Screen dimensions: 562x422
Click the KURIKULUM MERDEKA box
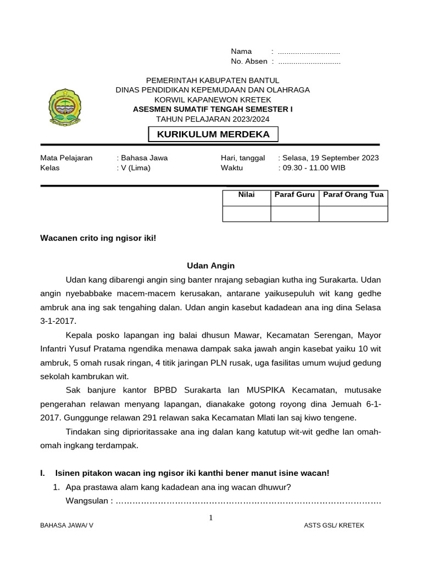[x=213, y=134]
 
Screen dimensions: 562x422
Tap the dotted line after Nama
[x=309, y=52]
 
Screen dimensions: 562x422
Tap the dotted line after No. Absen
[x=309, y=62]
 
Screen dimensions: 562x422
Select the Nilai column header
[x=246, y=195]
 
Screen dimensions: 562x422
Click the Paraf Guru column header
[x=295, y=195]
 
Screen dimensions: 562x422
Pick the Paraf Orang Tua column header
[x=353, y=195]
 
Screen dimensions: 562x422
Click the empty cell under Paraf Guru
[x=295, y=213]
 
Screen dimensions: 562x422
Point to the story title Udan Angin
[x=210, y=266]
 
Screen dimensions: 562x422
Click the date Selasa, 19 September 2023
[x=330, y=158]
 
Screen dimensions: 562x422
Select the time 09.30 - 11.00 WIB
[x=314, y=168]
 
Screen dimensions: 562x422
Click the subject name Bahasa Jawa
[x=144, y=158]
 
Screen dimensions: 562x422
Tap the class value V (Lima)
[x=135, y=168]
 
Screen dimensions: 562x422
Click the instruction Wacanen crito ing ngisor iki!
[x=98, y=238]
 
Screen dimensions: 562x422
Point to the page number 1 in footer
[x=211, y=518]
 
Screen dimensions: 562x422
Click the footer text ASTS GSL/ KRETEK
[x=334, y=526]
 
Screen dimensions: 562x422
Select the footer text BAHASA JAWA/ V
[x=66, y=526]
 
